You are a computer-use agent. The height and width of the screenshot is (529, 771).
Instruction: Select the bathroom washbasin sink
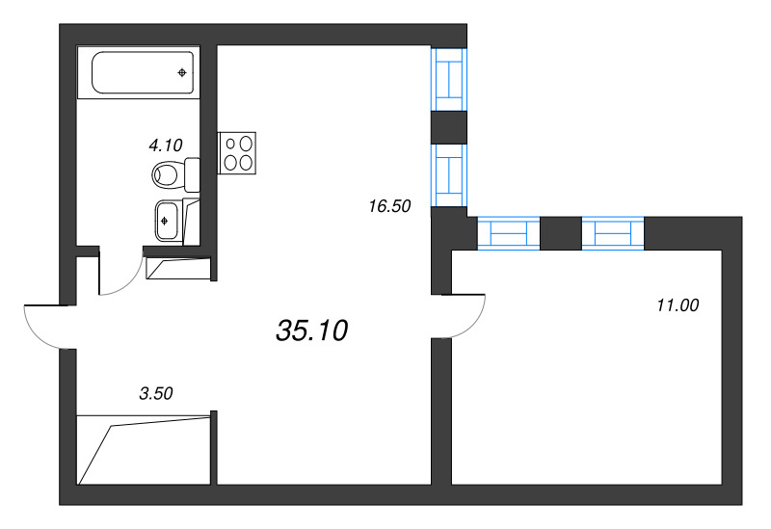coord(167,220)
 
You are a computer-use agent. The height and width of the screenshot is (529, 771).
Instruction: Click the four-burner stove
coord(240,152)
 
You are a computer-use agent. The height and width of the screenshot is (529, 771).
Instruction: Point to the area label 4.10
coord(165,145)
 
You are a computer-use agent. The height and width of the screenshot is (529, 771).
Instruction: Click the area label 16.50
coord(389,205)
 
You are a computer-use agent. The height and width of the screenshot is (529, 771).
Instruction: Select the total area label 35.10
coord(310,331)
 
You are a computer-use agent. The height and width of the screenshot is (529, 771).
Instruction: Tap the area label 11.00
coord(677,305)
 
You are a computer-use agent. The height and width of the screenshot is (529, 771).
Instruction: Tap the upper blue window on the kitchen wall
coord(448,80)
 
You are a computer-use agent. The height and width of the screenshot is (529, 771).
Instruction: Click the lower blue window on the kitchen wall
coord(448,174)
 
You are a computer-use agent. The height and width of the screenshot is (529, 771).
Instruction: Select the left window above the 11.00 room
coord(508,233)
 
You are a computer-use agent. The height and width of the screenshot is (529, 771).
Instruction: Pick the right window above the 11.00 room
coord(613,233)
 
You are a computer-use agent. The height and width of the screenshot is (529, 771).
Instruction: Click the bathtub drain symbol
coord(182,72)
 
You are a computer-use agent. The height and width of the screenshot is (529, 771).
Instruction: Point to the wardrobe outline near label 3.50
coord(145,448)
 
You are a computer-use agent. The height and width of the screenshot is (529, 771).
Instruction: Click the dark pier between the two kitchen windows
coord(448,126)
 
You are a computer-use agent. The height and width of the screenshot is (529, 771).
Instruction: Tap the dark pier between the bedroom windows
coord(561,233)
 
